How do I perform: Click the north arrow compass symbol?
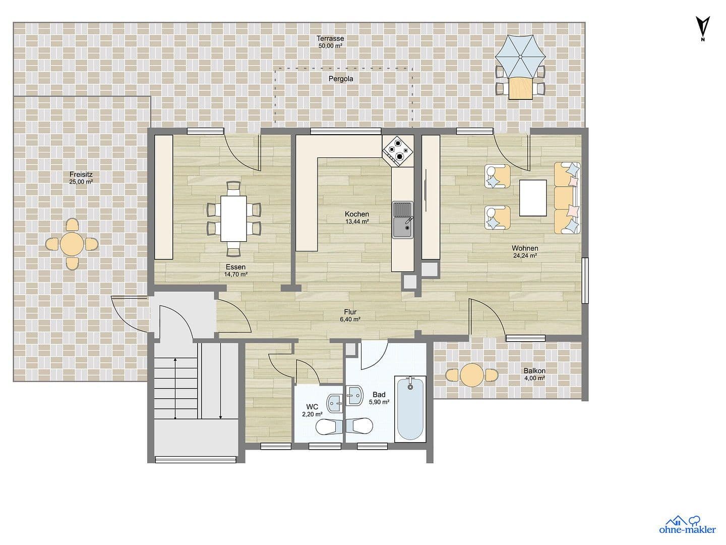point(703,27)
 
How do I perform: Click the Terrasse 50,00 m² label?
point(330,42)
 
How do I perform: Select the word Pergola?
point(341,79)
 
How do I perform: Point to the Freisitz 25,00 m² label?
point(81,178)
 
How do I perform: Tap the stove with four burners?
point(398,150)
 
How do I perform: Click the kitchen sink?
point(402,220)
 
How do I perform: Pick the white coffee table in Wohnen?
point(533,198)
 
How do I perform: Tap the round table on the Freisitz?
point(72,244)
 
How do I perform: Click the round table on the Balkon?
point(472,375)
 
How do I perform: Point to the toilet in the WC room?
point(327,427)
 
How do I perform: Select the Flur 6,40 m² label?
point(350,315)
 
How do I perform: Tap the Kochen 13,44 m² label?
point(356,217)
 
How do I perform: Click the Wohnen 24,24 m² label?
point(525,251)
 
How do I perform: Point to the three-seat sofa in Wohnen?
point(567,198)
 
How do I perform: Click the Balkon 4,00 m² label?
point(534,374)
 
